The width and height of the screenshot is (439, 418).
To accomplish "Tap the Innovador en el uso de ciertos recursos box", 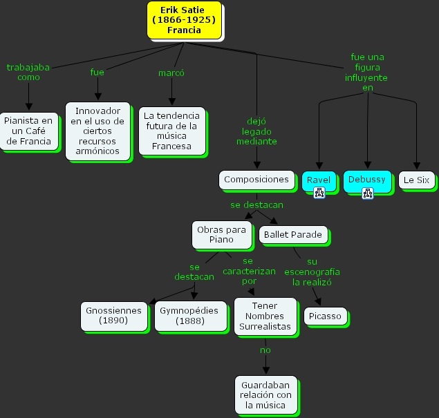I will point(97,131).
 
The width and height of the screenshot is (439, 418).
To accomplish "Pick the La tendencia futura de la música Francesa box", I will point(171,131).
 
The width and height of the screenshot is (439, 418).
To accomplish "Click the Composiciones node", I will point(256,180).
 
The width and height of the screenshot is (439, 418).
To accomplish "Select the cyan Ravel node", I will point(319,180).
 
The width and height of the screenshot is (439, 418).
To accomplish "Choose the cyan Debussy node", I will point(367,180).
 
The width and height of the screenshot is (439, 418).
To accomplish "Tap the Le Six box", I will point(417,180).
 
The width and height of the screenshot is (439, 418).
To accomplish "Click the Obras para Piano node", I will point(221,234).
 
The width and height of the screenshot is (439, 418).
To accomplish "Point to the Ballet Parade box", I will point(292,235).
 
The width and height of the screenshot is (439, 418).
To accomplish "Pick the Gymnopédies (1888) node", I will point(189,316).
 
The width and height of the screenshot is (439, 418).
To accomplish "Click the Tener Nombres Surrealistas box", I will point(265,316).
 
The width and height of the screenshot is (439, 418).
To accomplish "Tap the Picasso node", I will point(325,316).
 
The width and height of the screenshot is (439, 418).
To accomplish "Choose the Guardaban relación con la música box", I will point(265,395).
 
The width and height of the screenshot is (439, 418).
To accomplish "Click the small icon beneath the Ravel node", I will point(319,193).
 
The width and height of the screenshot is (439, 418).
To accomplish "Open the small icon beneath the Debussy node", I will point(367,193).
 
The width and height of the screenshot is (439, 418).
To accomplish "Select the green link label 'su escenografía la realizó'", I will point(312,272).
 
